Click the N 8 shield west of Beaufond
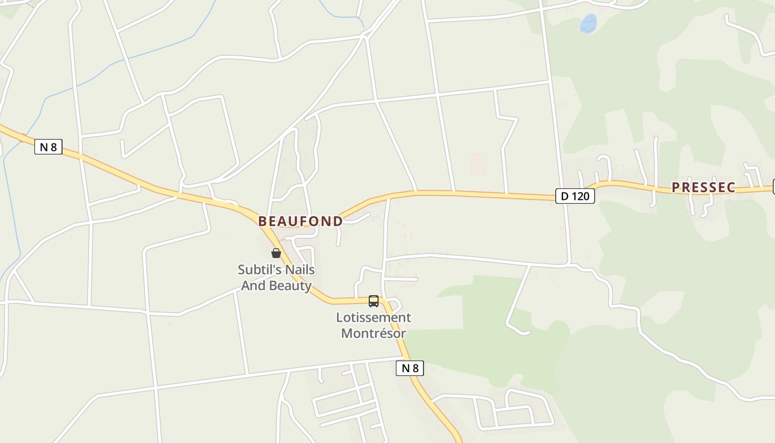pyautogui.click(x=48, y=147)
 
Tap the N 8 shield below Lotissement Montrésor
pyautogui.click(x=410, y=368)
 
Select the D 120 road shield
pyautogui.click(x=575, y=196)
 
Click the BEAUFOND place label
pyautogui.click(x=301, y=221)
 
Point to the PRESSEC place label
pyautogui.click(x=703, y=187)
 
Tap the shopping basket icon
pyautogui.click(x=276, y=253)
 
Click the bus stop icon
pyautogui.click(x=374, y=301)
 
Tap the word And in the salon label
pyautogui.click(x=253, y=286)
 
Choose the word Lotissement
pyautogui.click(x=374, y=317)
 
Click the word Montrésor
pyautogui.click(x=374, y=333)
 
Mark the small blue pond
pyautogui.click(x=588, y=24)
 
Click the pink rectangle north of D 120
pyautogui.click(x=478, y=164)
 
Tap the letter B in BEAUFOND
pyautogui.click(x=263, y=221)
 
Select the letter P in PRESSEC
pyautogui.click(x=676, y=187)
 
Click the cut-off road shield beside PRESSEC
pyautogui.click(x=773, y=187)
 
